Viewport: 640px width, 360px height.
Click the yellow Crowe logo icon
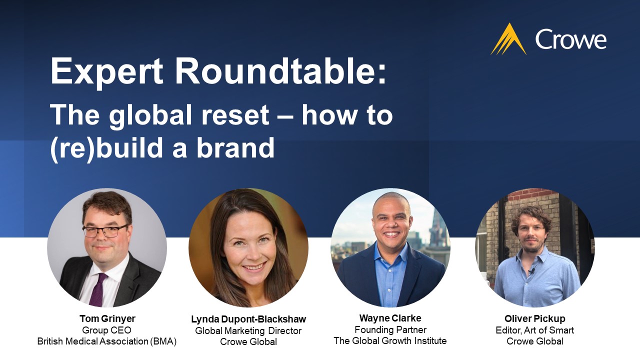point(508,39)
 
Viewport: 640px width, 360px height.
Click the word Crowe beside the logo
point(570,39)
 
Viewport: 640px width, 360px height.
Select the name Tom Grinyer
point(107,319)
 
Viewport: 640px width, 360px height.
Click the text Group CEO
point(107,330)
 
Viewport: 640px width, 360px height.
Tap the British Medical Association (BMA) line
point(107,341)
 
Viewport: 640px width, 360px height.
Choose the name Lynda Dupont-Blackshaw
point(248,319)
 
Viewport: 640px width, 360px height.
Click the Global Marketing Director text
point(248,330)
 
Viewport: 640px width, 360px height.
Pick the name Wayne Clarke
point(390,318)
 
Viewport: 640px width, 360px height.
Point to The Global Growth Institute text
point(390,341)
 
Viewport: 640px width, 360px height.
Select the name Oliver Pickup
point(534,319)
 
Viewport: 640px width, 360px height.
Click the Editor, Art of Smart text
point(534,330)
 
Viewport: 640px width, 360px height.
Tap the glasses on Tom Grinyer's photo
point(104,231)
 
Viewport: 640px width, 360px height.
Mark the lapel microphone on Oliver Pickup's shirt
point(532,271)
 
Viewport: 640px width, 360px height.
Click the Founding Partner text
point(390,330)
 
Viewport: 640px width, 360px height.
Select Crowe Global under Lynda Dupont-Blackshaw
point(248,342)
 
